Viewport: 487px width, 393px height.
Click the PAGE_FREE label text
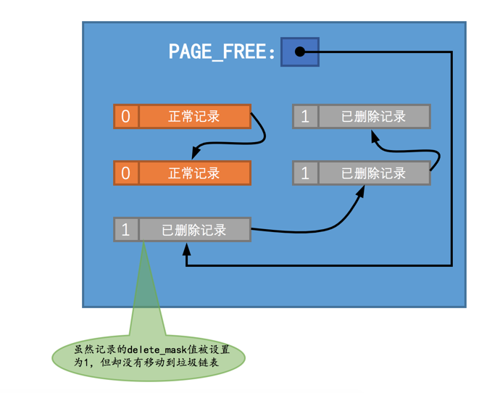click(222, 52)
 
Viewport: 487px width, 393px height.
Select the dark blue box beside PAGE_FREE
click(300, 52)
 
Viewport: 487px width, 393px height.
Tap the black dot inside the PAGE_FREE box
click(299, 52)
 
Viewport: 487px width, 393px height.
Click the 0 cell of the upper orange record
click(126, 116)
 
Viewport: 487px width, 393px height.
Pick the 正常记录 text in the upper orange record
click(193, 116)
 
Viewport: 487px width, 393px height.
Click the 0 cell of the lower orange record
click(126, 173)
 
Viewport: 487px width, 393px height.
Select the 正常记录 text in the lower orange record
click(193, 173)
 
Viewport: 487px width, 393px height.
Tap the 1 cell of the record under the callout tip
click(126, 230)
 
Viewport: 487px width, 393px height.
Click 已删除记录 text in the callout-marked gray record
click(193, 230)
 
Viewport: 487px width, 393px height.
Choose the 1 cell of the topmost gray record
click(305, 116)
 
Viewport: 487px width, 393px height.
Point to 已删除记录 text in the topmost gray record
click(373, 116)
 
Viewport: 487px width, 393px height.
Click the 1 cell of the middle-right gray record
click(305, 173)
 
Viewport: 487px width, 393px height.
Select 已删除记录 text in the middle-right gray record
click(373, 173)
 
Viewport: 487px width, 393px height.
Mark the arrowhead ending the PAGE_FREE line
click(187, 247)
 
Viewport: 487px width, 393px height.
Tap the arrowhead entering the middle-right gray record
click(362, 190)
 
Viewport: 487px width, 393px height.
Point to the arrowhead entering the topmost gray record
click(375, 135)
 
